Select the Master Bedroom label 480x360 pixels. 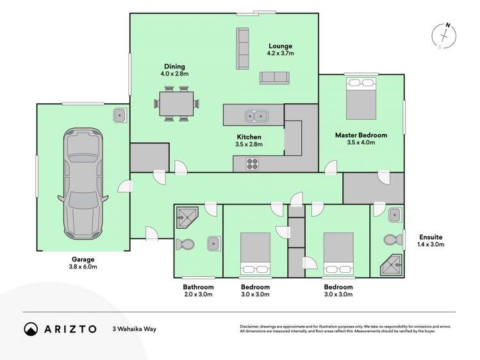click(x=361, y=135)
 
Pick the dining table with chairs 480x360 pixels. click(x=176, y=104)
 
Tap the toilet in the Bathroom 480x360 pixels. click(x=185, y=244)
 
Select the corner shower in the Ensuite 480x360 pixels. click(x=393, y=262)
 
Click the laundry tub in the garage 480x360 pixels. click(x=120, y=116)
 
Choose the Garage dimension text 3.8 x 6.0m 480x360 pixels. click(x=83, y=267)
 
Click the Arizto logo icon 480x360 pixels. click(x=31, y=329)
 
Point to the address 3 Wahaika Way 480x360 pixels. click(x=134, y=329)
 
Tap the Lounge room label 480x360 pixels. click(x=280, y=46)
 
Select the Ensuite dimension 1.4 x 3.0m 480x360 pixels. click(x=430, y=244)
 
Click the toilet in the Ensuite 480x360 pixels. click(x=390, y=240)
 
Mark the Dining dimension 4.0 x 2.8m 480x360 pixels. click(x=174, y=74)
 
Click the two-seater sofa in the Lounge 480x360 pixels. click(x=274, y=78)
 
